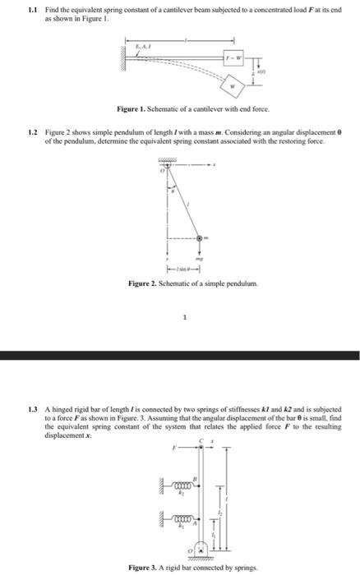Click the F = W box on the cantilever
237,58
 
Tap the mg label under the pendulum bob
200,256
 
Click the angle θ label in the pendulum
172,190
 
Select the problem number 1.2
32,131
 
